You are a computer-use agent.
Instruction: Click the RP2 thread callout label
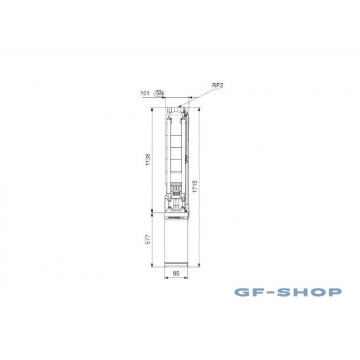pyautogui.click(x=217, y=85)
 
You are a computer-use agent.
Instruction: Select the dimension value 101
pyautogui.click(x=144, y=93)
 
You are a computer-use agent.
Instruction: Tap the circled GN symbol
pyautogui.click(x=159, y=94)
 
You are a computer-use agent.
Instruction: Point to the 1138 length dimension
pyautogui.click(x=148, y=159)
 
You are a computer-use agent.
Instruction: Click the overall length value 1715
pyautogui.click(x=195, y=186)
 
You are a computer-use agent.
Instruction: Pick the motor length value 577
pyautogui.click(x=148, y=239)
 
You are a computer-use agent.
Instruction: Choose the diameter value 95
pyautogui.click(x=176, y=274)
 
